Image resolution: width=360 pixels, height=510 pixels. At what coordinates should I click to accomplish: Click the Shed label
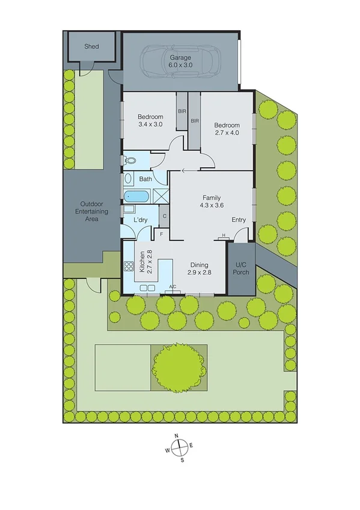click(x=91, y=46)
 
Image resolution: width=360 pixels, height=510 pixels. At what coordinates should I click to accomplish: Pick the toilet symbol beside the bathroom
click(x=130, y=161)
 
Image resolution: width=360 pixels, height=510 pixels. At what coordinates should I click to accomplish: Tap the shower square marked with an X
click(x=160, y=195)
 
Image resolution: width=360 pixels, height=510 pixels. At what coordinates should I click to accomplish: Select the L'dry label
click(x=141, y=220)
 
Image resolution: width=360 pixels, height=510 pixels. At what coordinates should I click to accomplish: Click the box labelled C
click(x=164, y=216)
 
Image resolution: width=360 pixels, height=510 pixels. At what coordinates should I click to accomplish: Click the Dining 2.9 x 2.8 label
click(x=199, y=269)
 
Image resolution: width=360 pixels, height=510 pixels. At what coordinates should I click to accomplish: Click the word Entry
click(x=239, y=220)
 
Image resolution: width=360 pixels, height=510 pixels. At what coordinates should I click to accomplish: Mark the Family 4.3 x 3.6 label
click(x=211, y=201)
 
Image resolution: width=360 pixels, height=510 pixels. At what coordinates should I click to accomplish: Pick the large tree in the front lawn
click(x=178, y=366)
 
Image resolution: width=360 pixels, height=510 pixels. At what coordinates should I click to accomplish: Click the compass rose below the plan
click(x=180, y=448)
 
